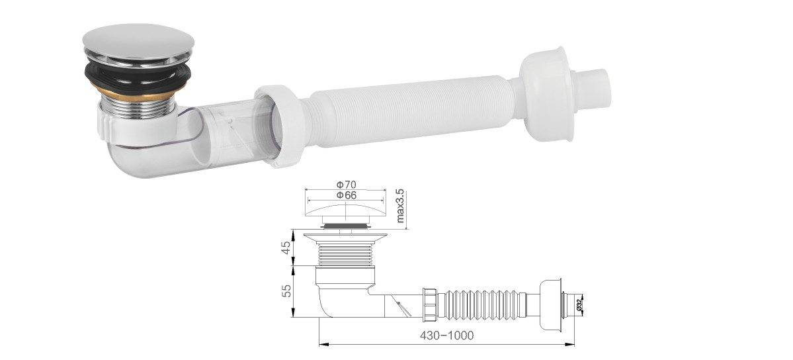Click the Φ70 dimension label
pyautogui.click(x=347, y=185)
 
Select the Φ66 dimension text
pyautogui.click(x=347, y=195)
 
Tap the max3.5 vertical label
pyautogui.click(x=400, y=206)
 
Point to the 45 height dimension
pyautogui.click(x=286, y=247)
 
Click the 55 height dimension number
pyautogui.click(x=286, y=291)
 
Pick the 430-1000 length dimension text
pyautogui.click(x=446, y=336)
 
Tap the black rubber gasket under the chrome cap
pyautogui.click(x=138, y=76)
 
